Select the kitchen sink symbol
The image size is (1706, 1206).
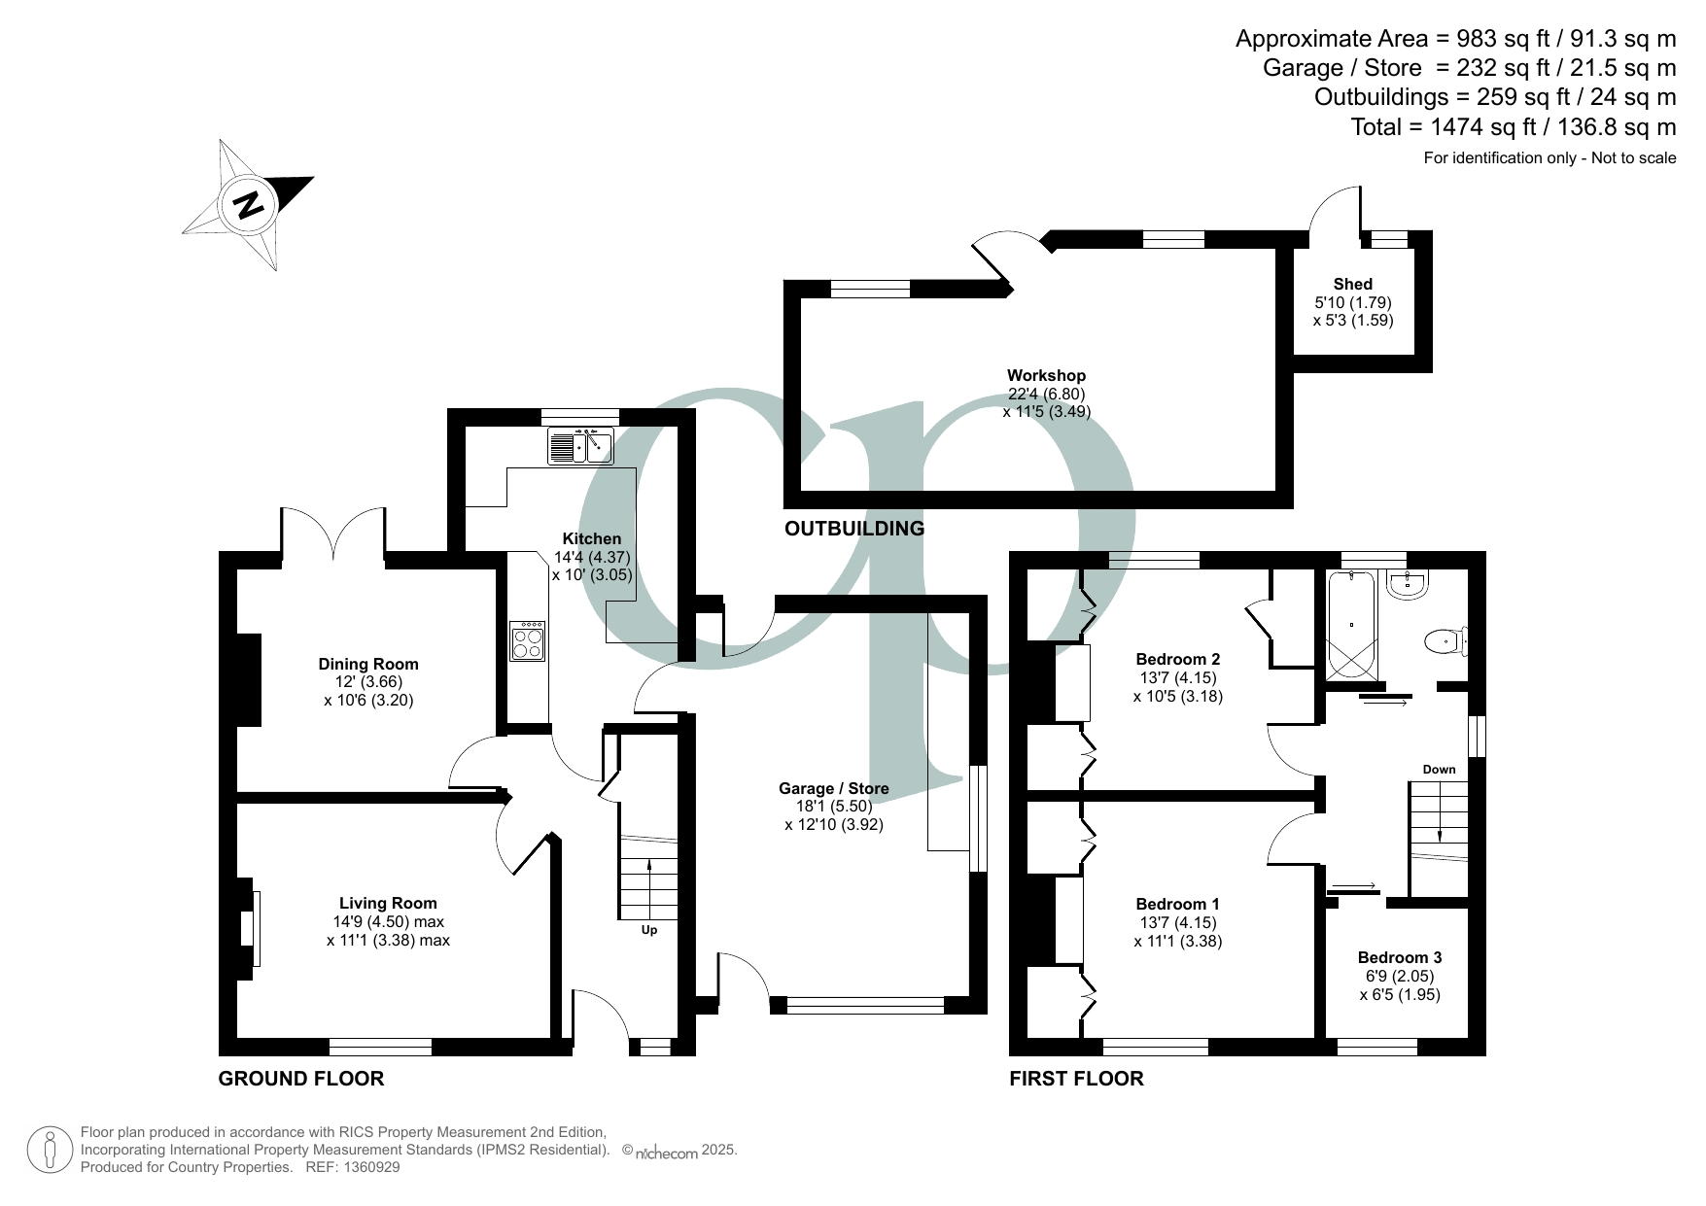click(x=579, y=446)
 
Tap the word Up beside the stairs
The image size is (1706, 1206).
click(x=649, y=930)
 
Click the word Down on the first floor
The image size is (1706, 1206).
click(x=1440, y=770)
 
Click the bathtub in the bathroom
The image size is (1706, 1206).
click(x=1352, y=624)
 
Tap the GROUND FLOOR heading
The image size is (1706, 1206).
click(x=301, y=1078)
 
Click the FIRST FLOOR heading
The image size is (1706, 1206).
click(x=1076, y=1078)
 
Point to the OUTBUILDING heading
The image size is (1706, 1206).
click(x=854, y=529)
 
